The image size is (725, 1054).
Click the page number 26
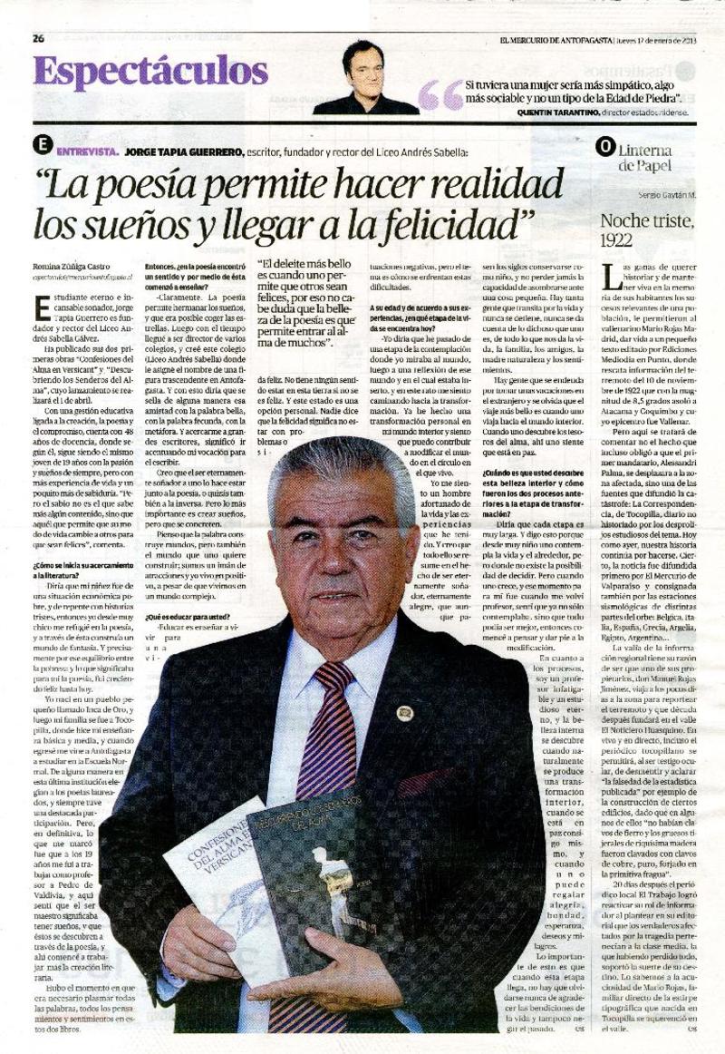point(38,38)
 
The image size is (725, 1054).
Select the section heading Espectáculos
point(150,73)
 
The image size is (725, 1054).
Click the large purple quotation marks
point(441,93)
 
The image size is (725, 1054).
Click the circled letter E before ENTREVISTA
point(41,145)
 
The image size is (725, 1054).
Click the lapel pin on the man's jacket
point(404,711)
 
